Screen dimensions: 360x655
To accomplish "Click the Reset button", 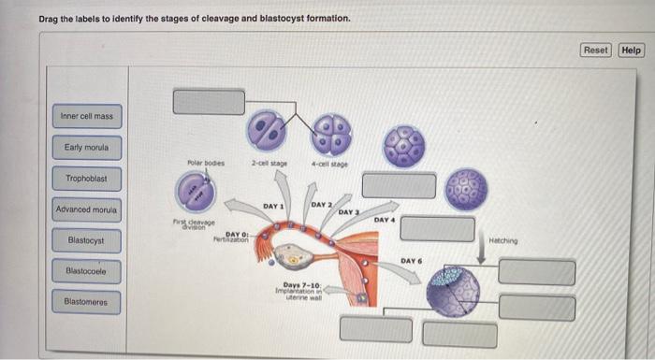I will point(595,50).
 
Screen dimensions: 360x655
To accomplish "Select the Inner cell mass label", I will point(86,117).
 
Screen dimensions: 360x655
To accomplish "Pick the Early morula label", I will point(86,148).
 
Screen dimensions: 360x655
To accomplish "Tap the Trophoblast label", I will point(86,179).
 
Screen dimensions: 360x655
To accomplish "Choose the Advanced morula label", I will point(86,209).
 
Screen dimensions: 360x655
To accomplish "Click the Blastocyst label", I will point(86,240).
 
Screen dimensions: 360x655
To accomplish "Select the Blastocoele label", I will point(86,271).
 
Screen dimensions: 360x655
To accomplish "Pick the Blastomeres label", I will point(86,302).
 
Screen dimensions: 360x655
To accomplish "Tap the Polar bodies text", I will point(205,162).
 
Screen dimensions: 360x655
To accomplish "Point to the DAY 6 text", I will point(413,260).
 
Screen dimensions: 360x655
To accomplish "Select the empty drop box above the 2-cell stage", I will point(209,102).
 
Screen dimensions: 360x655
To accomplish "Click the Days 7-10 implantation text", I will point(301,289).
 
